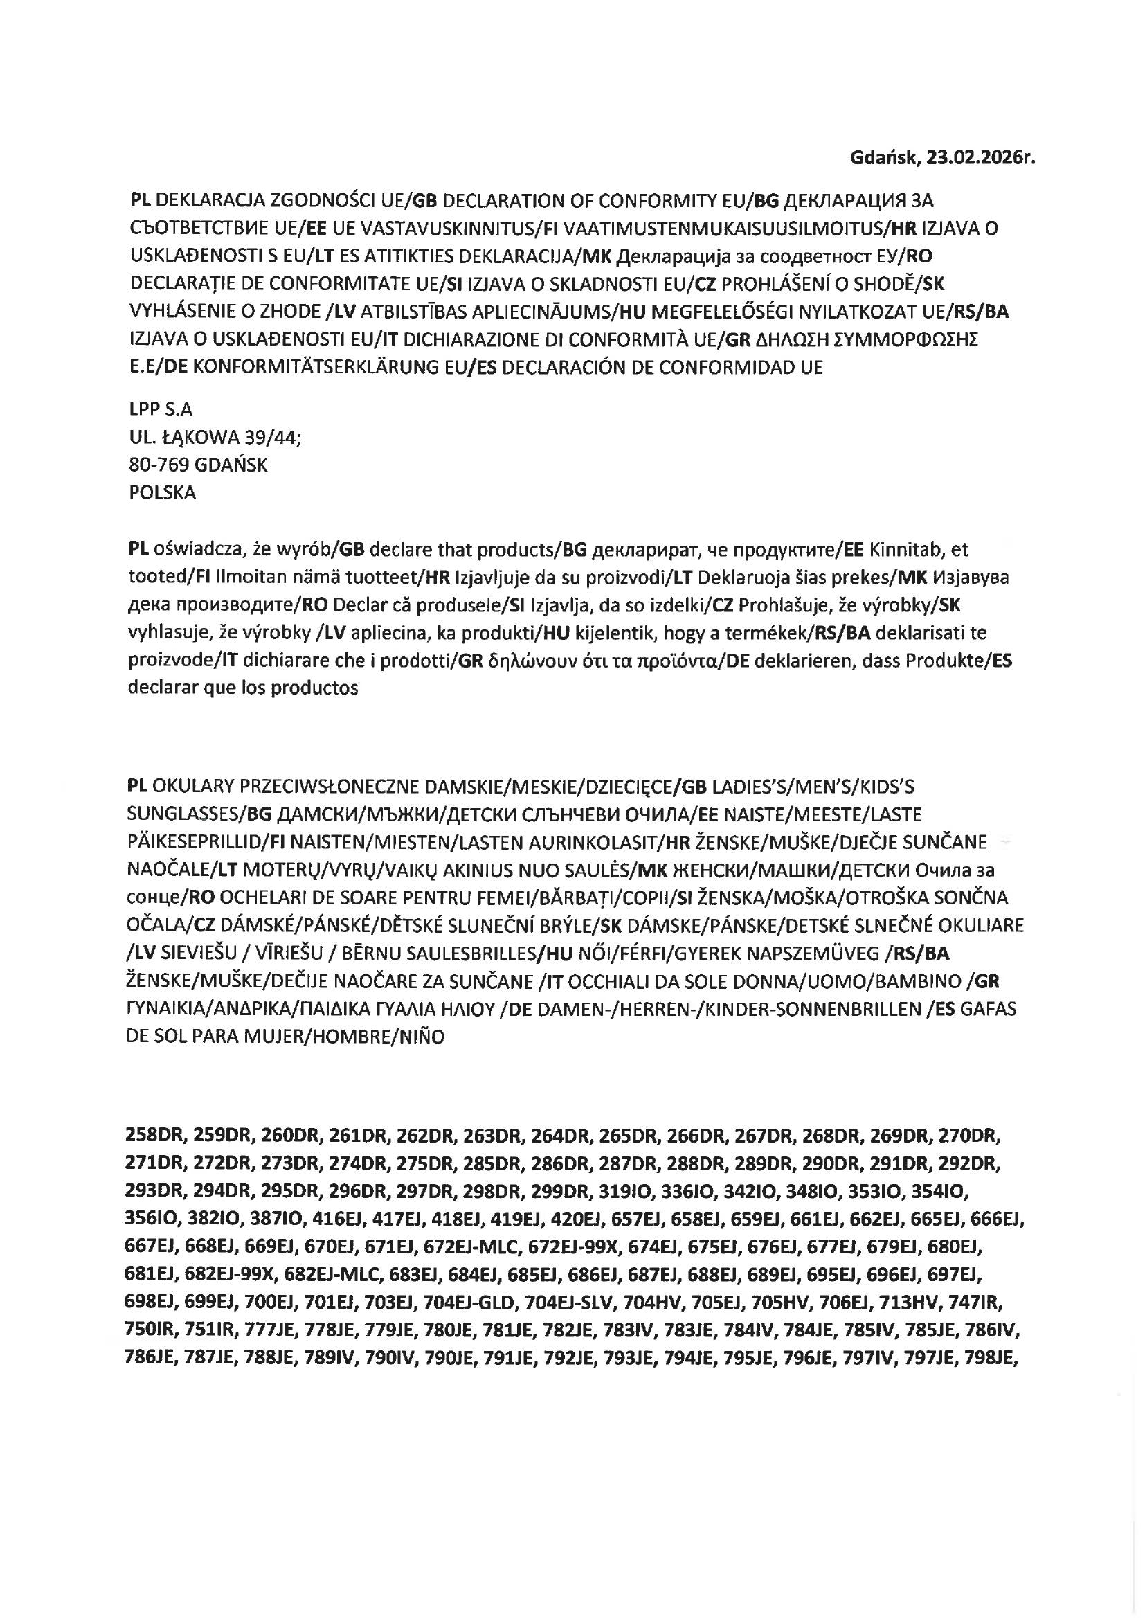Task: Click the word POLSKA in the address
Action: [163, 492]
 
